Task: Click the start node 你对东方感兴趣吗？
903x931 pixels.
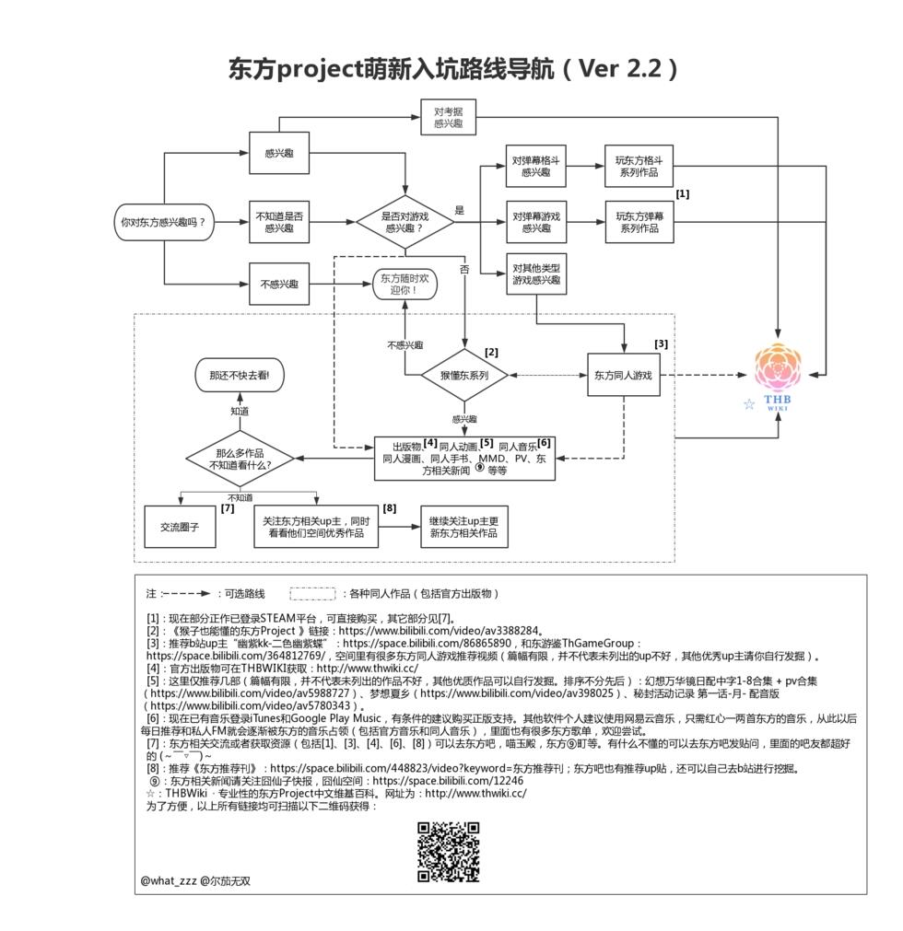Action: point(164,222)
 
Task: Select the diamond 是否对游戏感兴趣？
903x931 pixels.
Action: point(405,222)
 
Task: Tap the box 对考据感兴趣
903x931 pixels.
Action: point(449,118)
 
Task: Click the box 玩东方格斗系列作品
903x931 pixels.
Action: point(639,167)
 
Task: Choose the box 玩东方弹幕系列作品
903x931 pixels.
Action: point(639,222)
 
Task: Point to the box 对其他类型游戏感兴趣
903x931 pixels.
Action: point(536,273)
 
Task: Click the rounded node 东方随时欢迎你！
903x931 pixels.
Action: point(405,284)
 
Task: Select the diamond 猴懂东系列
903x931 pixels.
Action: point(464,375)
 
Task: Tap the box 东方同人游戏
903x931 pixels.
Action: point(624,375)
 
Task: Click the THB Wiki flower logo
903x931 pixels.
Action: point(779,367)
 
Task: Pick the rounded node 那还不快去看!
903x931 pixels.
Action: point(240,375)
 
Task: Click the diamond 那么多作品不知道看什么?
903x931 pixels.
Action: point(240,459)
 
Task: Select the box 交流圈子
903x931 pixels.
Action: point(180,527)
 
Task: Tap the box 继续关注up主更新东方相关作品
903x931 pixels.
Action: point(464,527)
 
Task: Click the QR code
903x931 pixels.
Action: point(449,852)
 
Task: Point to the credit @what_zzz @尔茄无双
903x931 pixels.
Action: point(195,880)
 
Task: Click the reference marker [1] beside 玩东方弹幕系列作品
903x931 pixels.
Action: point(683,193)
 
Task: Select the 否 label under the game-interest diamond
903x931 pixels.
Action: point(464,269)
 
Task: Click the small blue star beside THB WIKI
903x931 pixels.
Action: point(749,404)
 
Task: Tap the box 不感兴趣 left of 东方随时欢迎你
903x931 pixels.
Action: point(279,284)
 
